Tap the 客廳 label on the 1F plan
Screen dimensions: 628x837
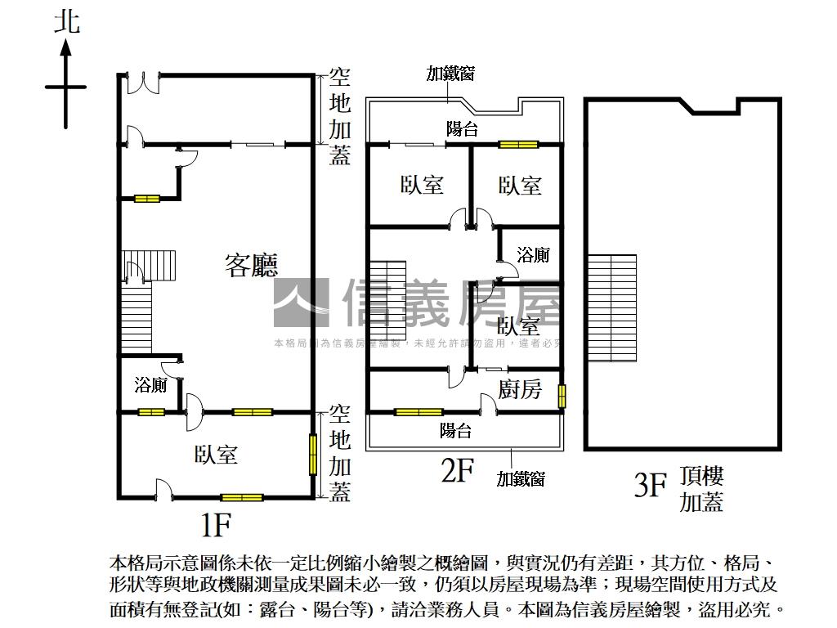[251, 265]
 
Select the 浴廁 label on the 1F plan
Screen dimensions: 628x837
[151, 384]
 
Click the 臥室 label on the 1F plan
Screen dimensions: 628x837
[216, 455]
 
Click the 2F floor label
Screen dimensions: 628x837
[457, 472]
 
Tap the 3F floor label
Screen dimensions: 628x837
[651, 486]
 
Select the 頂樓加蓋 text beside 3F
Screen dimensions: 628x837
[701, 489]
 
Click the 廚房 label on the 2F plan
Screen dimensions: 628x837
[520, 390]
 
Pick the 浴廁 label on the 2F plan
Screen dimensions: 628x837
[533, 255]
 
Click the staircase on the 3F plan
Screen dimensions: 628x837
[611, 308]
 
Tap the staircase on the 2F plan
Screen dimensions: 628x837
[388, 303]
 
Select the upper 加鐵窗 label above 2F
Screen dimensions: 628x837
[450, 74]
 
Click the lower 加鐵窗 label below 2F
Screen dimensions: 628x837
[521, 479]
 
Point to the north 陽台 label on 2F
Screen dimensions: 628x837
[462, 128]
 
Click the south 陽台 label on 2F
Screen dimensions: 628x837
[455, 430]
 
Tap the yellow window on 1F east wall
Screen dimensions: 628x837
[312, 455]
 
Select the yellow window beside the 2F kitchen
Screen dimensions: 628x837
[562, 396]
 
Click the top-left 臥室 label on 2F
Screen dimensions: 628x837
[422, 185]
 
